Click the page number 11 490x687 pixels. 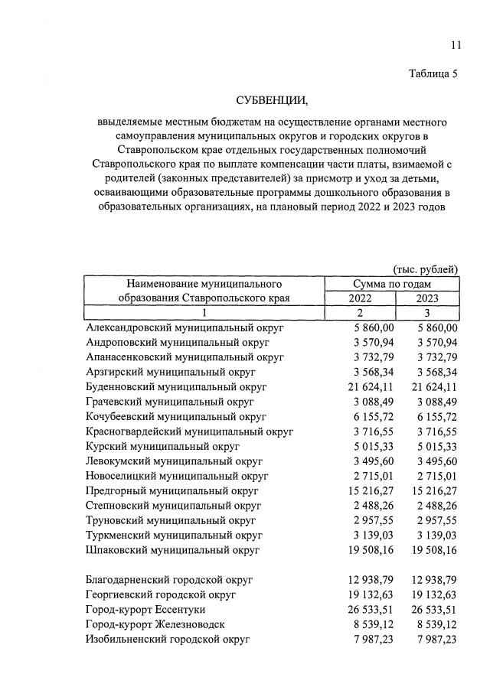(x=456, y=45)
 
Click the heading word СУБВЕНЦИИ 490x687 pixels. (x=272, y=100)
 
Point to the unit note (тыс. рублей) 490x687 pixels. (x=426, y=269)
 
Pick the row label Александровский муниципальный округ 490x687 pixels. (x=185, y=327)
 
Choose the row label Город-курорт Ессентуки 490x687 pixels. (x=149, y=609)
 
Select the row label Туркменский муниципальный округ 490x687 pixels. (x=180, y=535)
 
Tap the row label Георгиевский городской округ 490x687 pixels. (x=162, y=594)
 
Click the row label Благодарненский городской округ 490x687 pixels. (x=169, y=579)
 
